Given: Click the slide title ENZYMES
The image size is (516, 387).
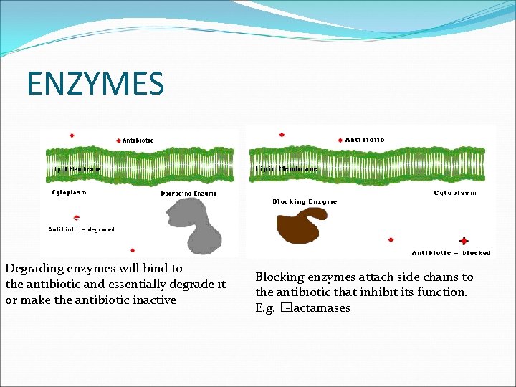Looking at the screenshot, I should pos(95,83).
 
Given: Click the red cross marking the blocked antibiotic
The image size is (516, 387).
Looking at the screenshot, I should pos(464,242).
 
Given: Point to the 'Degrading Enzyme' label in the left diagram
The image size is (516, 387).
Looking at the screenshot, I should pos(188,193).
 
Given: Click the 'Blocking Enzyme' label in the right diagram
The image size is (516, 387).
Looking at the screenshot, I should pos(305,201).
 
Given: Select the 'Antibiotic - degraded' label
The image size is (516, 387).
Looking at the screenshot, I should pos(81,229).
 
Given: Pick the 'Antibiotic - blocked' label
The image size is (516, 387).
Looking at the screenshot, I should pos(451,253).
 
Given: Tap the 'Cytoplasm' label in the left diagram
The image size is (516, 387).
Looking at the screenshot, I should pos(70,192).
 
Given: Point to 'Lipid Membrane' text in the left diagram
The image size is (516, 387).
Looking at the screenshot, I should pos(76,169).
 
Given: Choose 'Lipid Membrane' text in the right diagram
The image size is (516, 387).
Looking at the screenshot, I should pos(287,169).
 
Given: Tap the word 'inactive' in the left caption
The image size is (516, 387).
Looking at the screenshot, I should pos(153,300).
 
